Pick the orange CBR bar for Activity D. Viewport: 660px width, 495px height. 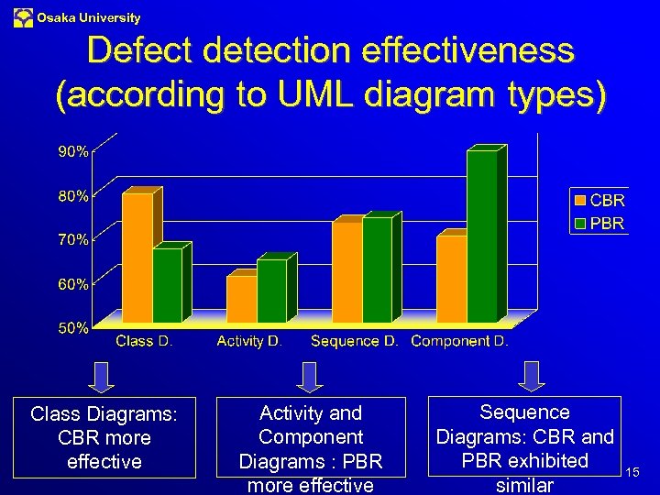click(241, 298)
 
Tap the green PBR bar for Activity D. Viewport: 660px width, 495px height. click(271, 291)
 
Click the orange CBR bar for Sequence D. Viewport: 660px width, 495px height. click(346, 271)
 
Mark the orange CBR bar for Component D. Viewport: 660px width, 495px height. click(451, 278)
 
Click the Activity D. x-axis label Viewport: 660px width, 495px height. click(249, 341)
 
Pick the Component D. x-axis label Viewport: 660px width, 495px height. click(459, 341)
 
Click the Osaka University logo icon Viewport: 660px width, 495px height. click(23, 17)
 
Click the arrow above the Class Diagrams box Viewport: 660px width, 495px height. click(104, 376)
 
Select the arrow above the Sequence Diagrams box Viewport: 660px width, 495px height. click(531, 375)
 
